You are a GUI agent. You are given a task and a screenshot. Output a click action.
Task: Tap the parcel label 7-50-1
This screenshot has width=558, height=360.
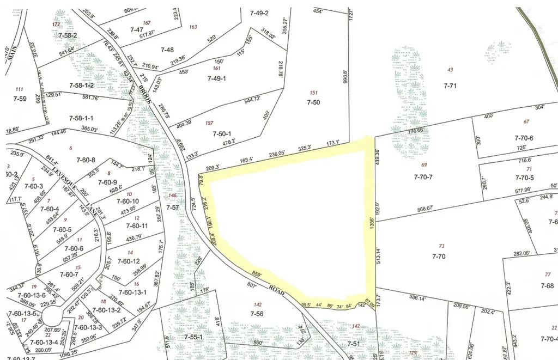[x=222, y=133]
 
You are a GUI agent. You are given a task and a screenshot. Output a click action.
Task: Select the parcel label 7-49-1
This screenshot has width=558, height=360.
[x=216, y=78]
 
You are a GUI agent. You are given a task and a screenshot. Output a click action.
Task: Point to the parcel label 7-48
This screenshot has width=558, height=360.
[x=167, y=50]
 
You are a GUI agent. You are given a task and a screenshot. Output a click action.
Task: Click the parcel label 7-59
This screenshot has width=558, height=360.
[x=20, y=99]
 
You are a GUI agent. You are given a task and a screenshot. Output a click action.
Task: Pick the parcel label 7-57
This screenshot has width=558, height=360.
[x=172, y=208]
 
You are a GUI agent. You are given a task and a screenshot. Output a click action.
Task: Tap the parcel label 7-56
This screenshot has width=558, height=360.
[x=257, y=314]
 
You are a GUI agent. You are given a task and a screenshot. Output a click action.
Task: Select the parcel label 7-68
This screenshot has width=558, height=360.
[x=547, y=285]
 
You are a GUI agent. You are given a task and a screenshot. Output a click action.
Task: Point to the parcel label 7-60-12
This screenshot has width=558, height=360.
[x=128, y=261]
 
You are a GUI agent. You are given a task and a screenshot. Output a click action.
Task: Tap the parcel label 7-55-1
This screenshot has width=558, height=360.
[x=193, y=337]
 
